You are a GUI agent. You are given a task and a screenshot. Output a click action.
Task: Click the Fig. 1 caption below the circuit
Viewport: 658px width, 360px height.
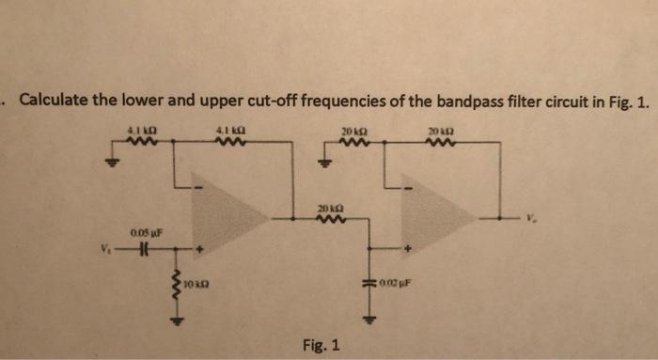coord(321,345)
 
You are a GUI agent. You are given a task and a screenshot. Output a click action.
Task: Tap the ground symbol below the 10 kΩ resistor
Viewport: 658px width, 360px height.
coord(173,318)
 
